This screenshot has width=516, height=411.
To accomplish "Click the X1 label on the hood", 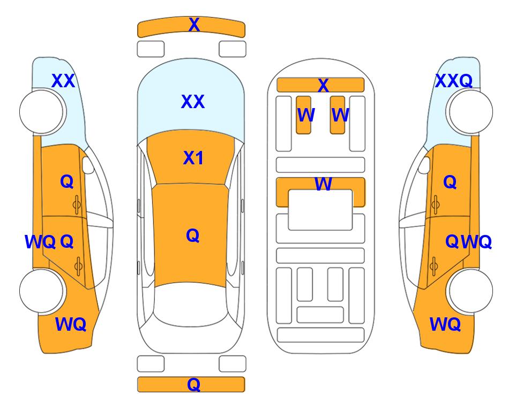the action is point(193,158).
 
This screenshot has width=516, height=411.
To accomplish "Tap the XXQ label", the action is point(454,81).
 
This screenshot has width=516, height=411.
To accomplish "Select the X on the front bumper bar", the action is point(194,24).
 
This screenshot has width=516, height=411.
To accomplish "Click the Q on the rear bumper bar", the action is point(193,384).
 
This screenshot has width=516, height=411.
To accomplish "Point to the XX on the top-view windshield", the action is point(193,102).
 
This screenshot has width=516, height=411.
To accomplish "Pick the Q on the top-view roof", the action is point(193,235).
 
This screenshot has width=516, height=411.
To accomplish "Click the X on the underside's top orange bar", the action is point(323,85).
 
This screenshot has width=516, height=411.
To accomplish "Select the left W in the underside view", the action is point(306,115).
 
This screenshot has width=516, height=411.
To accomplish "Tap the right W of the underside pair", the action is point(340,115).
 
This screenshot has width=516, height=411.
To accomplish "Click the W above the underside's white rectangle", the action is point(323,184).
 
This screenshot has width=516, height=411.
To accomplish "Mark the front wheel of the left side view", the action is point(42,112).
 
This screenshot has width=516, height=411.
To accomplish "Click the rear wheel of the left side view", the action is point(42,291).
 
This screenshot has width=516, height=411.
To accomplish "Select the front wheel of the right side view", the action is point(469,112).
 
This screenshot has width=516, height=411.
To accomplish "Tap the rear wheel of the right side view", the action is point(469,291).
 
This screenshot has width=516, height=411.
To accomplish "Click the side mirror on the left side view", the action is point(88,165).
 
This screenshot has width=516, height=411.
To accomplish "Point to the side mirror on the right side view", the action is point(424,165).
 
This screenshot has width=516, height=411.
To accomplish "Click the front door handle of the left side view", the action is point(77,204).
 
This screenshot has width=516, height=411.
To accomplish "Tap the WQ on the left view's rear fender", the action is point(71,324).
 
